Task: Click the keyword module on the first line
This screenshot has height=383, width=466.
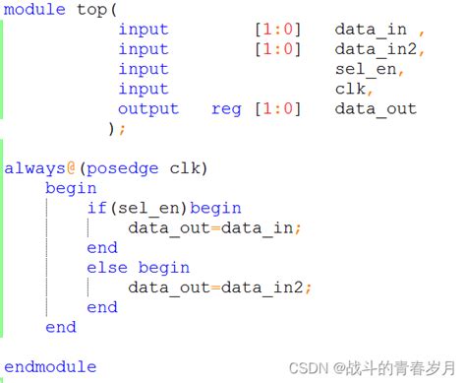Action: pyautogui.click(x=35, y=10)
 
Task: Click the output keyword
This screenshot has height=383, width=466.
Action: pyautogui.click(x=148, y=109)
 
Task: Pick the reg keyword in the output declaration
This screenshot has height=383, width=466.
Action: pyautogui.click(x=226, y=109)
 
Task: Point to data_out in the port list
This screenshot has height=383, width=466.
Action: pyautogui.click(x=375, y=109)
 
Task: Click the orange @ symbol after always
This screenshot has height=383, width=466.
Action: pyautogui.click(x=71, y=167)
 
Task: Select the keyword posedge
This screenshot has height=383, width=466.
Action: pyautogui.click(x=121, y=167)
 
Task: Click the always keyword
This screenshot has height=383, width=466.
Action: pyautogui.click(x=34, y=167)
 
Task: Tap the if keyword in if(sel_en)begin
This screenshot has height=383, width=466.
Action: pyautogui.click(x=96, y=208)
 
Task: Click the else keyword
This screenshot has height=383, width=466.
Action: pyautogui.click(x=106, y=268)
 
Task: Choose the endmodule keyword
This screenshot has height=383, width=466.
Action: pyautogui.click(x=50, y=367)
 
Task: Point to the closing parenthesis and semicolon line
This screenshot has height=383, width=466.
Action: pyautogui.click(x=117, y=129)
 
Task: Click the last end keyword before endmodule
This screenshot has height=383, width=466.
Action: pyautogui.click(x=60, y=327)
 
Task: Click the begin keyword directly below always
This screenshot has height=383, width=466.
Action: pyautogui.click(x=71, y=188)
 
